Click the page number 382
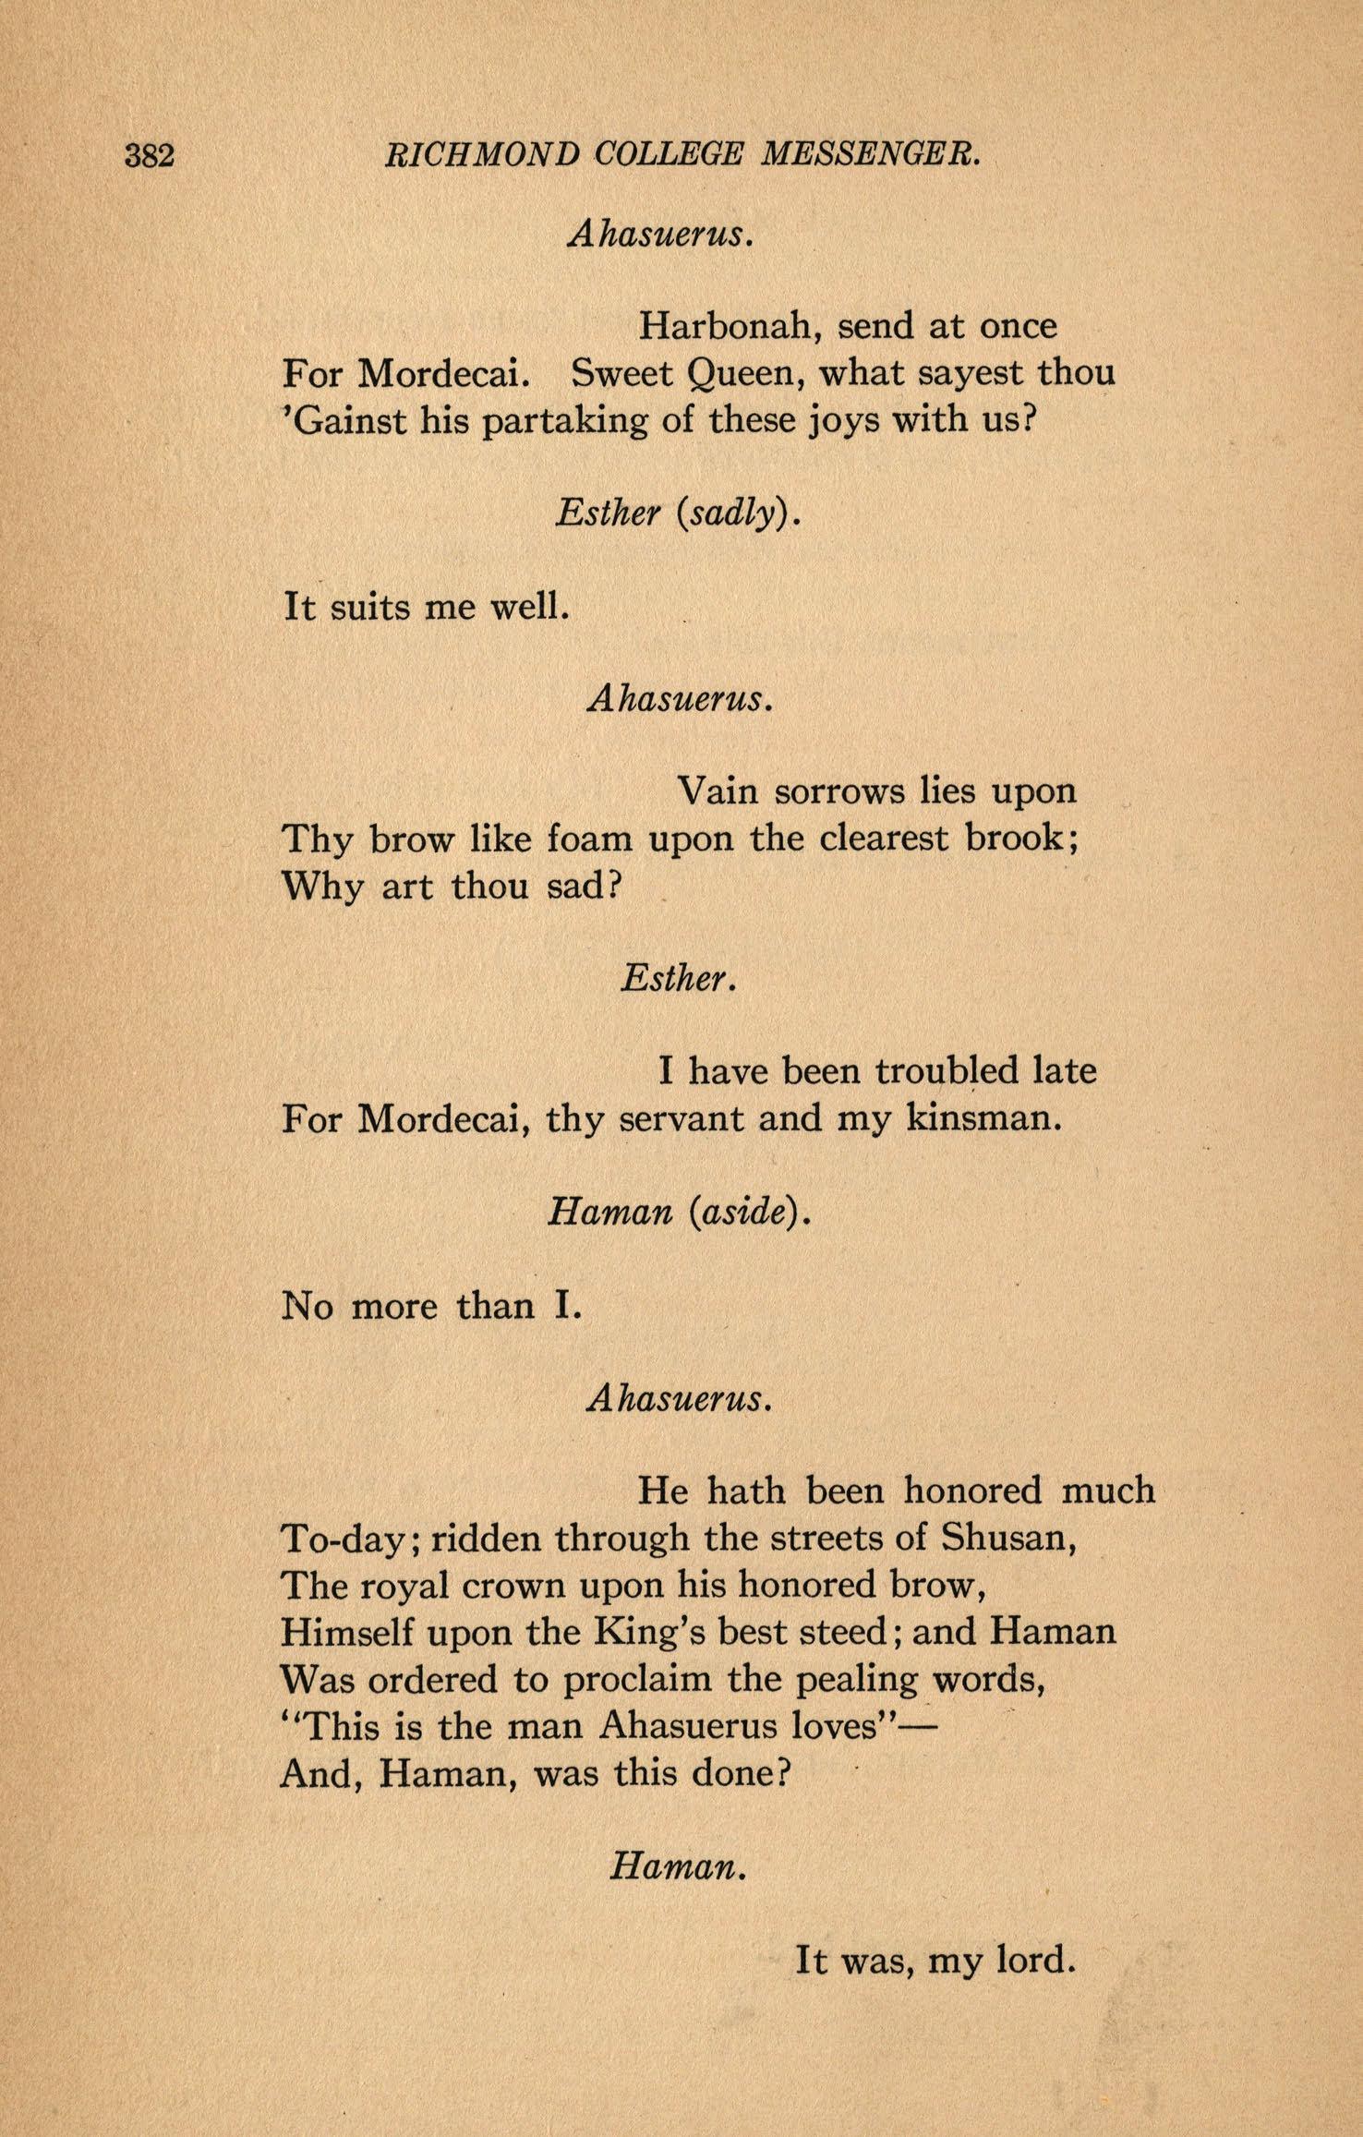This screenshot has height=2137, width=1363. pos(150,155)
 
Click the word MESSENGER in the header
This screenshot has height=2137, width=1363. pos(869,155)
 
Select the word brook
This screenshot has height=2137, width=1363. pos(1021,839)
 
